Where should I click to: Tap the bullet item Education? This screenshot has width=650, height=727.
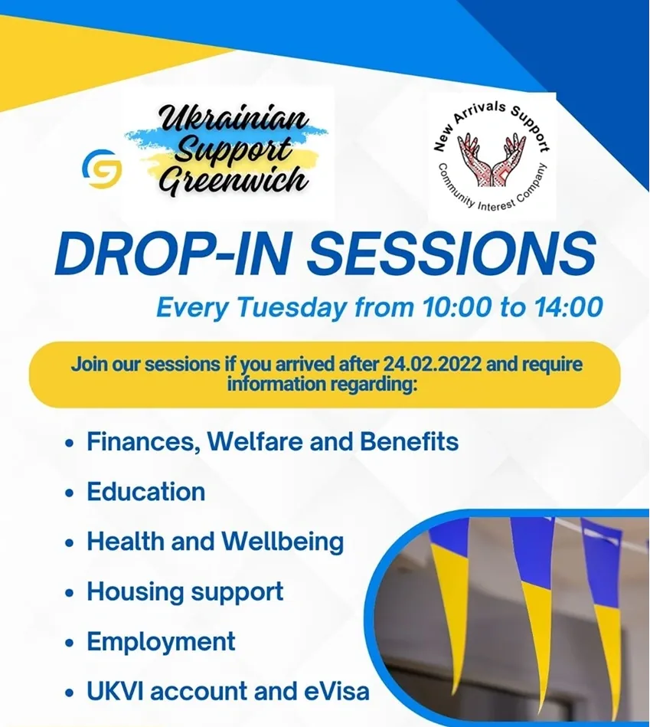(x=145, y=492)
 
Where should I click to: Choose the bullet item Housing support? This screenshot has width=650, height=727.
(x=185, y=591)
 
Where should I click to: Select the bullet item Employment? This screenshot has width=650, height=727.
(x=161, y=641)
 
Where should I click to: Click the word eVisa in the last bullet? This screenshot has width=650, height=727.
(x=335, y=691)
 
